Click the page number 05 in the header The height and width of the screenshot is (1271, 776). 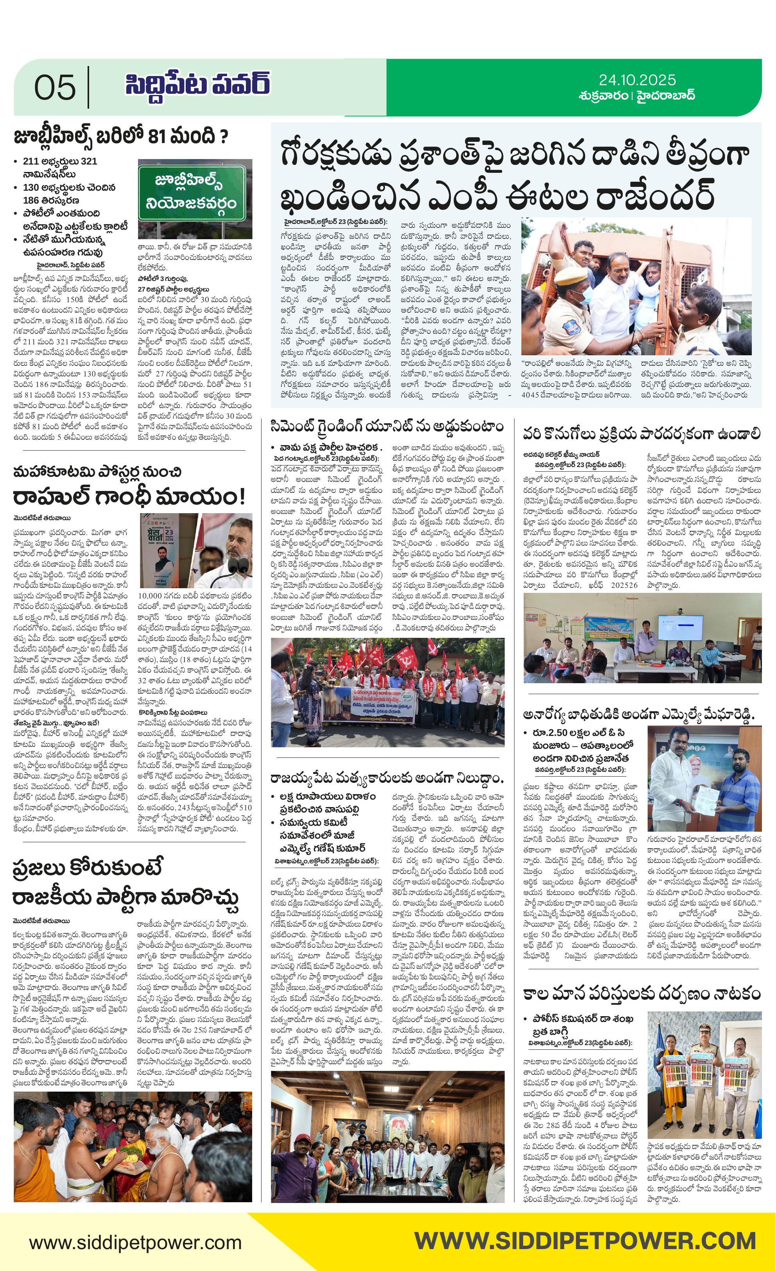(55, 87)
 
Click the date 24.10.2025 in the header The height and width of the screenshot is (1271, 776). (637, 80)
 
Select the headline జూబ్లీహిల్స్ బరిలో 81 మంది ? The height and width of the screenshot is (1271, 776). (121, 137)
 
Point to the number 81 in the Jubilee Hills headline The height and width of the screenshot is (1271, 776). (161, 137)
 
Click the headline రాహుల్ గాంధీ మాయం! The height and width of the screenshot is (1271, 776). (129, 497)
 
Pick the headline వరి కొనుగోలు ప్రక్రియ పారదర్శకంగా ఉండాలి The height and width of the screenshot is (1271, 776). (642, 434)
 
